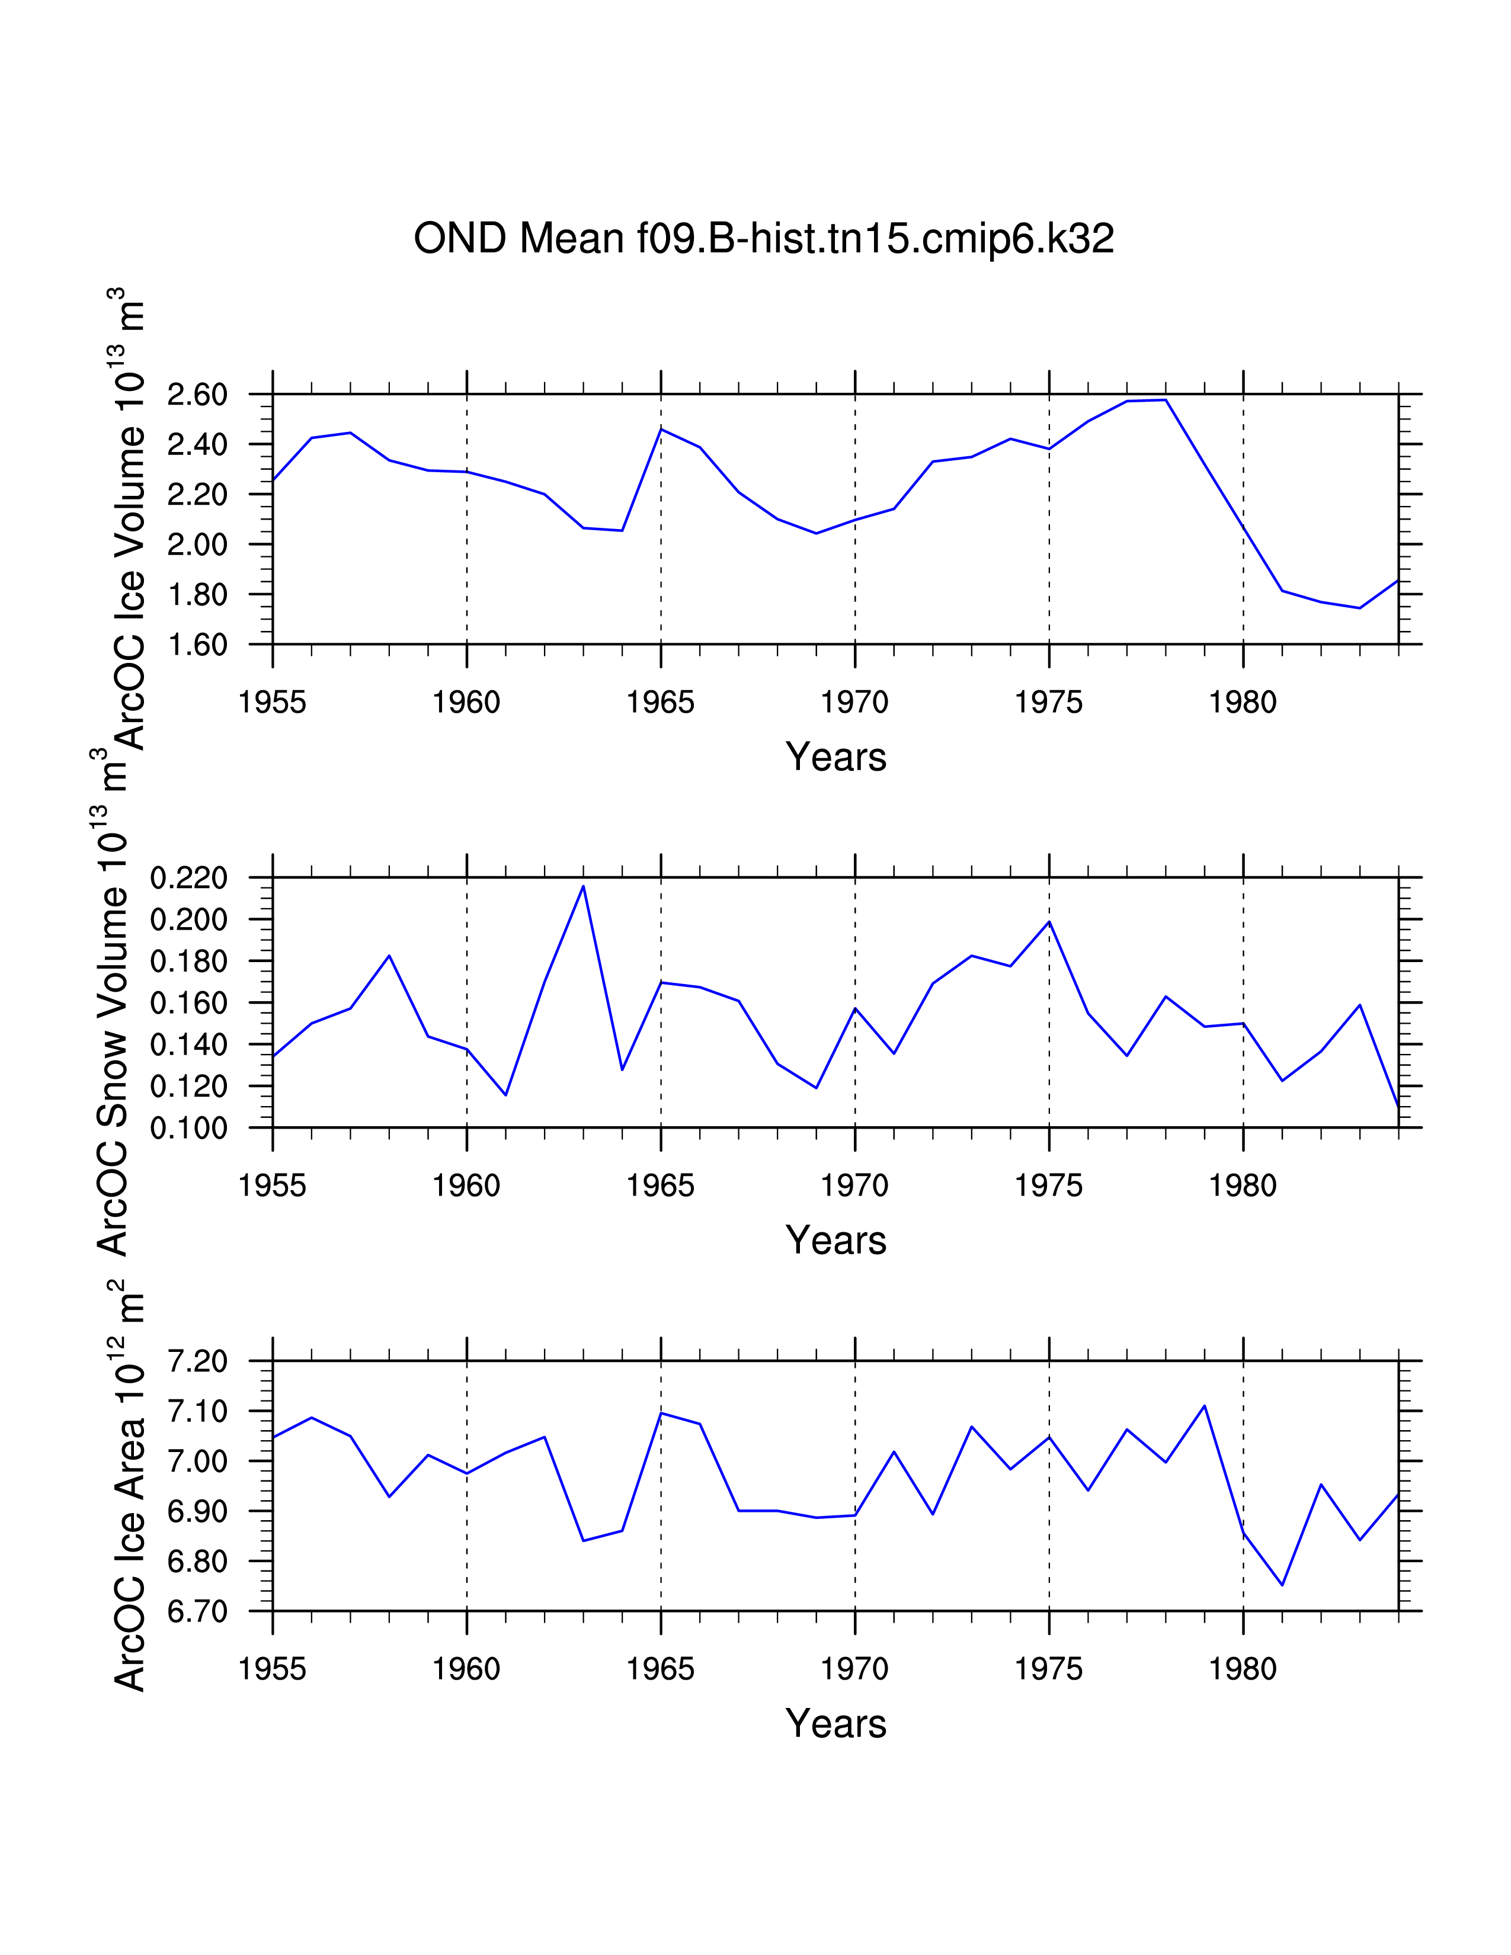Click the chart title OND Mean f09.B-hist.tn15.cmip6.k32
tap(764, 239)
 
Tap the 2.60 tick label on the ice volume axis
tap(197, 395)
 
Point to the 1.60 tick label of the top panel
tap(197, 645)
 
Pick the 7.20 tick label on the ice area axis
tap(197, 1361)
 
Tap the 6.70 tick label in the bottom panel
tap(197, 1611)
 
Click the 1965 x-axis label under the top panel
tap(661, 703)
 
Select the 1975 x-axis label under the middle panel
tap(1048, 1186)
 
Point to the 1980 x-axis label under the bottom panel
tap(1243, 1669)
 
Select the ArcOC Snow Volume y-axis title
tap(112, 1021)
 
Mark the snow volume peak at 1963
tap(584, 886)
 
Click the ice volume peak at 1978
tap(1166, 400)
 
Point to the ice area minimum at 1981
tap(1282, 1585)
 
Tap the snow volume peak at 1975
tap(1049, 921)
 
